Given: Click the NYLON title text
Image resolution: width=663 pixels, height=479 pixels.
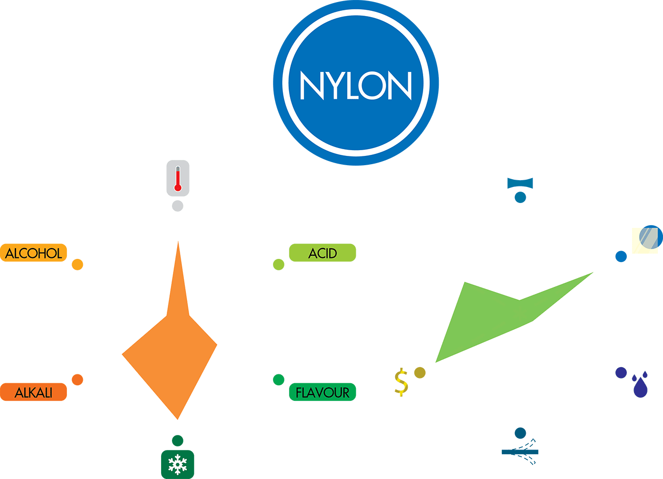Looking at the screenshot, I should tap(356, 84).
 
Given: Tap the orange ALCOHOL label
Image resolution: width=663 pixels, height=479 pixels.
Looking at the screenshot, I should tap(34, 253).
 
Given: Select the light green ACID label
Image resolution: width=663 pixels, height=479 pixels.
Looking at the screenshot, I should tap(322, 253).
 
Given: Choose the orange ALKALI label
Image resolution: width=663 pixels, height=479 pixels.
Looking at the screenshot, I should tap(34, 392).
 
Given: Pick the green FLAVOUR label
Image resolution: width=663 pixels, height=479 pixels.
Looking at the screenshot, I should tap(322, 392).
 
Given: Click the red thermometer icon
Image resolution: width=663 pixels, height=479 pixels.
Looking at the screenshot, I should tap(178, 178).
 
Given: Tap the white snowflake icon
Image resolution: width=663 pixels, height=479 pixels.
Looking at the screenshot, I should tap(178, 464).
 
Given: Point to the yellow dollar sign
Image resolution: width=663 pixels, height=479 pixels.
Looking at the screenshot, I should tap(401, 382).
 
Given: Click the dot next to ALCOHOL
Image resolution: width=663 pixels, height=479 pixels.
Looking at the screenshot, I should tap(77, 265).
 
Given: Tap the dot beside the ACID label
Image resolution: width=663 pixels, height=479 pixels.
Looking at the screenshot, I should tap(279, 265).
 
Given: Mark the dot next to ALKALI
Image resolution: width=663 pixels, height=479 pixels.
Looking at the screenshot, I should tap(77, 380).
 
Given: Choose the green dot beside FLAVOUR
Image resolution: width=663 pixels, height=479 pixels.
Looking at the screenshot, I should tap(279, 380).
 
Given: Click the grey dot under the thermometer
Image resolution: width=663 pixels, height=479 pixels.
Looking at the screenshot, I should tap(178, 206).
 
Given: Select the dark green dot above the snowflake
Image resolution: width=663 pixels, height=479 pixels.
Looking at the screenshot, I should tap(178, 441).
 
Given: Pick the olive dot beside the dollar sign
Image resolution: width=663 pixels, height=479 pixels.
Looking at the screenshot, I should tap(420, 373).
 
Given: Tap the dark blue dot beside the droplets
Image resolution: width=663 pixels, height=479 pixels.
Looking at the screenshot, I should tap(621, 372).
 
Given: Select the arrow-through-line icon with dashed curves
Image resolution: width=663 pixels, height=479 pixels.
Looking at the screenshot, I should tap(521, 452).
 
